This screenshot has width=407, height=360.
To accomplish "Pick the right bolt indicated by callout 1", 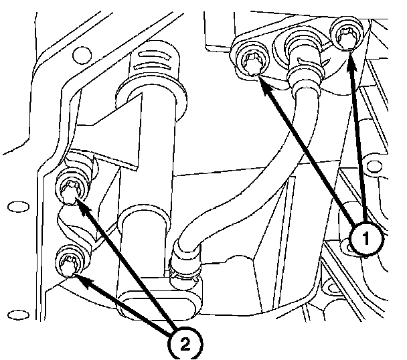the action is click(347, 37).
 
